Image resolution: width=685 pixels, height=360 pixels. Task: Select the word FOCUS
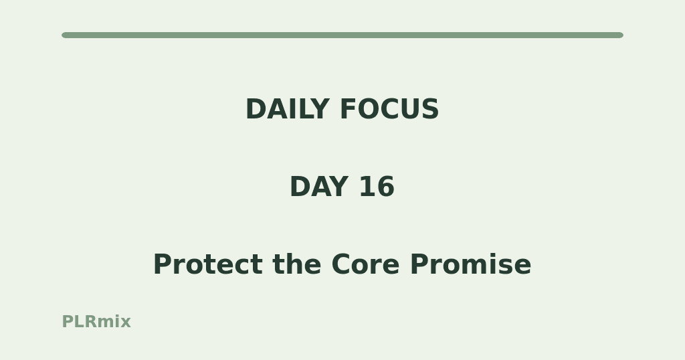389,109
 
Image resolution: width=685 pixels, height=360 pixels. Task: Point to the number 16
377,187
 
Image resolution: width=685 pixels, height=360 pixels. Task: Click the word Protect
208,264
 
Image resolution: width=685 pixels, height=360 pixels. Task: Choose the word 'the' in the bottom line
296,264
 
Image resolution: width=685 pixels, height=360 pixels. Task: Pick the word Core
365,264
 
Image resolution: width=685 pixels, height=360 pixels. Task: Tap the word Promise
470,264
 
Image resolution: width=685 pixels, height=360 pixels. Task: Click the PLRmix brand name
96,322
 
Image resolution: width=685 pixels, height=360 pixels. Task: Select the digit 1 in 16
368,187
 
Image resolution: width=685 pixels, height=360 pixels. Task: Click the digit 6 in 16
386,187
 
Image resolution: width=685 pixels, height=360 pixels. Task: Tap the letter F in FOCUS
348,109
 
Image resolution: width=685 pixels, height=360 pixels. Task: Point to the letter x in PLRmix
126,323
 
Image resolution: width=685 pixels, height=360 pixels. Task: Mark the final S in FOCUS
430,109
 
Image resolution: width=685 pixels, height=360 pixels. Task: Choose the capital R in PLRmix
91,322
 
